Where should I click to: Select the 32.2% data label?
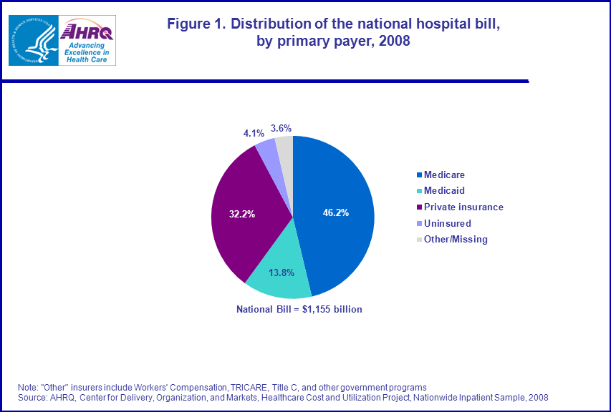[241, 213]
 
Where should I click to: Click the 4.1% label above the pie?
[254, 132]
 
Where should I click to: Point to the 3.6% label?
[281, 128]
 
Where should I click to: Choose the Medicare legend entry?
[445, 175]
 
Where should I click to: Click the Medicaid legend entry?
[444, 191]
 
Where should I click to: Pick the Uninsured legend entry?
[447, 223]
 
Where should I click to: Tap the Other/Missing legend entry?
[456, 239]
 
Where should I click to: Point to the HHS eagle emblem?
[32, 40]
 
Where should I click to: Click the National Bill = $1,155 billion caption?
[299, 310]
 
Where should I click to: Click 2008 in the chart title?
[393, 41]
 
